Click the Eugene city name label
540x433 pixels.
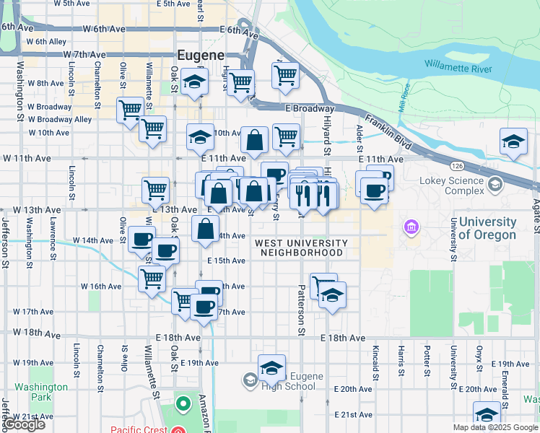pos(201,55)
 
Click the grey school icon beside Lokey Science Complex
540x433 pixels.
pos(495,185)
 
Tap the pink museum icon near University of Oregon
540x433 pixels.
pos(412,227)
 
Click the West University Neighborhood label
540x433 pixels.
pos(301,248)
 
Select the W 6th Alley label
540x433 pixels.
pos(47,41)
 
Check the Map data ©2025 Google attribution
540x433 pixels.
pos(495,427)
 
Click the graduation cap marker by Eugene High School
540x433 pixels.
pos(271,368)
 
